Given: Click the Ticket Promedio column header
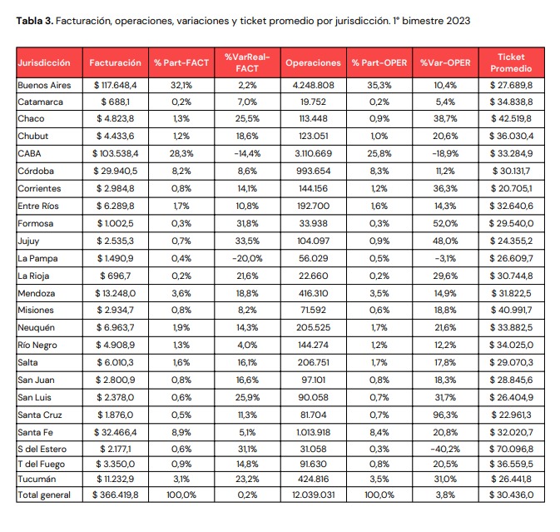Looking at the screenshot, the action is (x=511, y=62).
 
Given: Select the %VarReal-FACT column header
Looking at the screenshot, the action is (x=247, y=62).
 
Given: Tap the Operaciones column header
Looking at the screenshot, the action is (x=313, y=63).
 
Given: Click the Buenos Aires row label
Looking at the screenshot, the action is (x=44, y=86).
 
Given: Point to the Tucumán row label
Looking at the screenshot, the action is (x=37, y=479).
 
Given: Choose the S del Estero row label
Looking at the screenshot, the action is (x=42, y=449).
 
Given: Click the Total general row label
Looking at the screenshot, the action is (x=44, y=495).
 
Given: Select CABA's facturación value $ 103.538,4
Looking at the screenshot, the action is (x=116, y=154).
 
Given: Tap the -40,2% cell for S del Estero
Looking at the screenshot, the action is (x=445, y=449).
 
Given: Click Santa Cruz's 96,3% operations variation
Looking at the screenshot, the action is (x=445, y=415).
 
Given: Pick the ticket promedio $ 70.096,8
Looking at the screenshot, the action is (x=511, y=449).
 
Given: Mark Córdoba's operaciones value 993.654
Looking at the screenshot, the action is (x=313, y=172).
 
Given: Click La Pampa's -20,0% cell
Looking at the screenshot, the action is (x=247, y=258).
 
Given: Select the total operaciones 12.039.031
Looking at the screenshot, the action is (x=313, y=495).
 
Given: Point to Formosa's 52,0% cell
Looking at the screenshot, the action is (x=445, y=224).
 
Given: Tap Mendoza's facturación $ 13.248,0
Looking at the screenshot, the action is (x=116, y=293).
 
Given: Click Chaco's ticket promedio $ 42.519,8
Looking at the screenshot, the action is (x=511, y=118).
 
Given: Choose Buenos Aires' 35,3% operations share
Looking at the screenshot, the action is (x=379, y=86).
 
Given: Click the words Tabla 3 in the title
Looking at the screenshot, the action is (x=35, y=21).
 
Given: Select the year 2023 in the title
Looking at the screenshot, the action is (x=458, y=21).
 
